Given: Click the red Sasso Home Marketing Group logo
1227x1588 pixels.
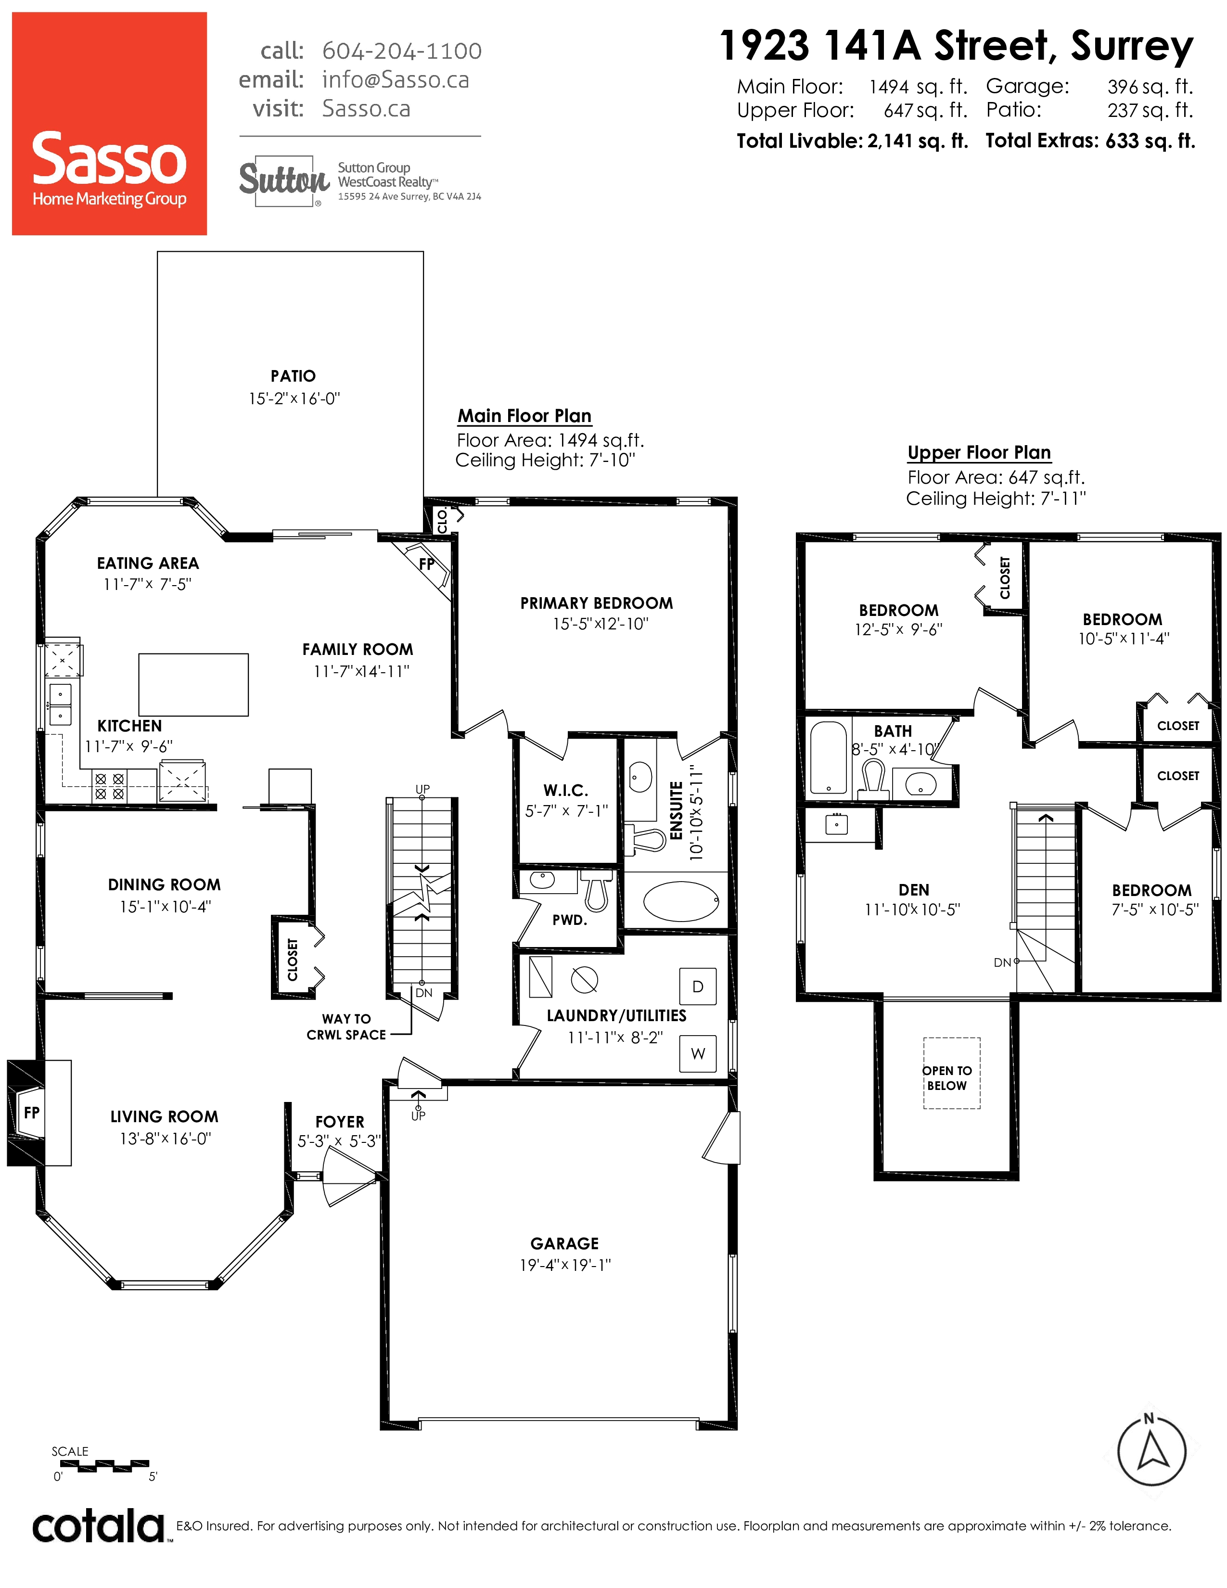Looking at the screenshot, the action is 109,124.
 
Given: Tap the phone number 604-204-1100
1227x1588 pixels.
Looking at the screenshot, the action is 401,51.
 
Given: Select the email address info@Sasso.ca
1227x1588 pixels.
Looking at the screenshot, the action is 396,79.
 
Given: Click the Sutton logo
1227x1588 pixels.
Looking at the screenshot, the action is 284,180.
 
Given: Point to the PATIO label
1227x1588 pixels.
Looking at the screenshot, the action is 293,376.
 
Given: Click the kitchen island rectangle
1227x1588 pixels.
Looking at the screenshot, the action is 193,684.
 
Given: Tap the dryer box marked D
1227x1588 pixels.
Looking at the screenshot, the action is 698,986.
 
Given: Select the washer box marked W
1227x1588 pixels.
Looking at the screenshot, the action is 698,1053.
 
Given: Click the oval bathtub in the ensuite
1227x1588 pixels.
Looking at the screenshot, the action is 681,902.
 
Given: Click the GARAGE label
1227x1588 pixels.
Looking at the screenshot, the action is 565,1243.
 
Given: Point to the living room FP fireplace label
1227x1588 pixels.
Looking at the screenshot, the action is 31,1113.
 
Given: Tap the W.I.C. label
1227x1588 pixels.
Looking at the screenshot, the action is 565,790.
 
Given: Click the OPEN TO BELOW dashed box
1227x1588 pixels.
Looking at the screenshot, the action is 951,1073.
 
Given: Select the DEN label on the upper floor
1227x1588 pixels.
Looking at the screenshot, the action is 914,890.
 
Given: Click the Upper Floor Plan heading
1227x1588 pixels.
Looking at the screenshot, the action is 979,452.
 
